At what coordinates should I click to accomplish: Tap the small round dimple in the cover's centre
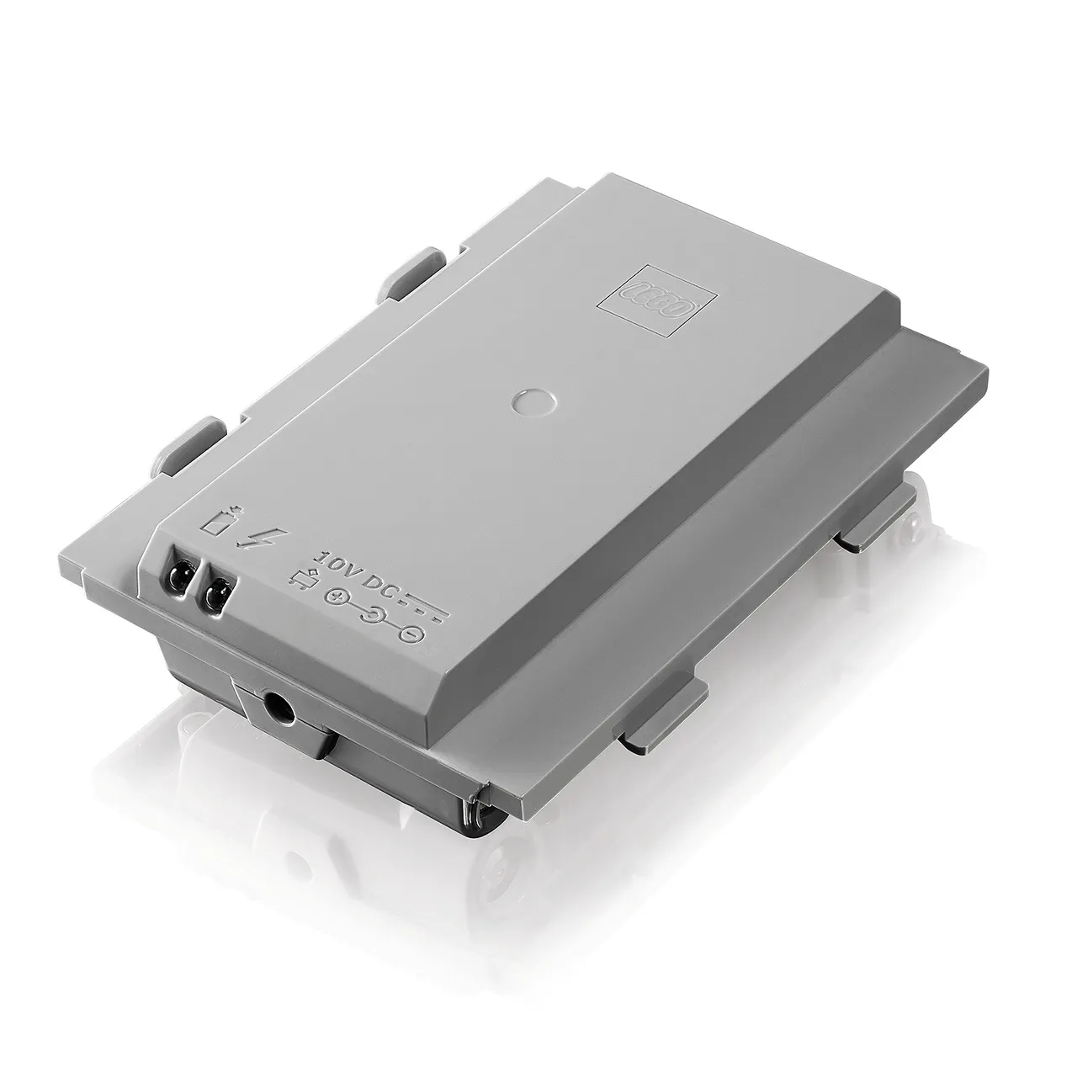click(x=532, y=400)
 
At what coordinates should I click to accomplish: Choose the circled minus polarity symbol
click(x=411, y=637)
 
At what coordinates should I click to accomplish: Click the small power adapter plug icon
click(x=305, y=581)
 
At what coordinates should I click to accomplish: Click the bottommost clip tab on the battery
click(x=661, y=715)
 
